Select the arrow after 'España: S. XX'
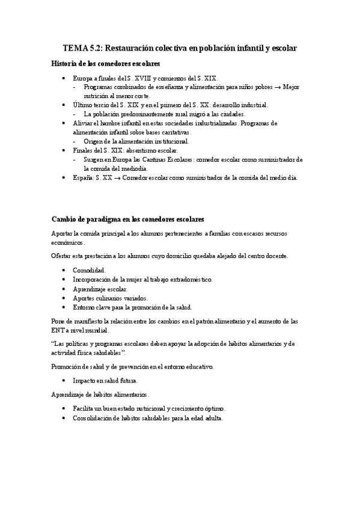click(x=117, y=177)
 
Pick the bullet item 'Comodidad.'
click(x=90, y=270)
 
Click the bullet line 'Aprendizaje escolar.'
click(x=100, y=289)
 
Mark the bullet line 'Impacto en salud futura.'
click(x=105, y=381)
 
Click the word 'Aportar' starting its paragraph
click(x=63, y=233)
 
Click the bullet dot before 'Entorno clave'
click(x=64, y=307)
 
